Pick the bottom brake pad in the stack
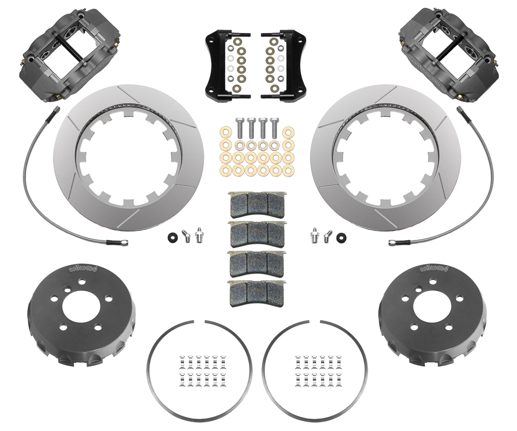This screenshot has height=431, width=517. coord(256,293)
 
